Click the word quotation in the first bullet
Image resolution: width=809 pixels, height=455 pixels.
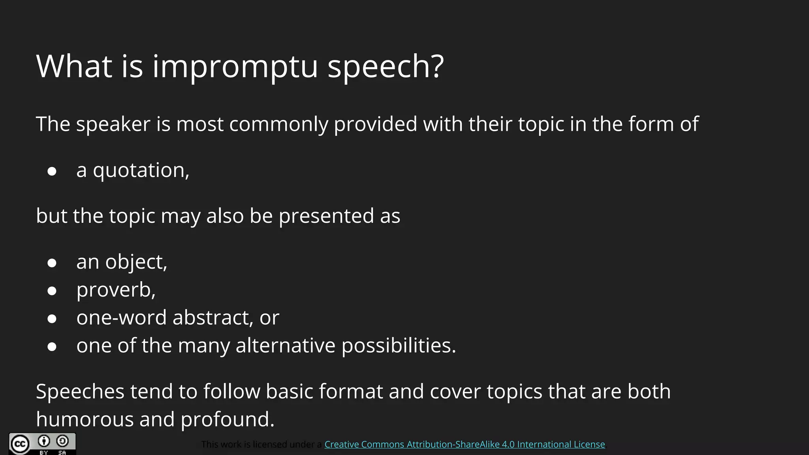141,171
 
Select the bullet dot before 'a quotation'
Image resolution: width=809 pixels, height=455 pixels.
52,171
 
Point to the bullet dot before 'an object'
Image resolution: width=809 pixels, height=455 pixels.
52,263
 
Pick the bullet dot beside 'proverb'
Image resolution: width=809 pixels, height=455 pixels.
52,291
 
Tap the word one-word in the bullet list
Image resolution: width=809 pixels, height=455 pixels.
121,318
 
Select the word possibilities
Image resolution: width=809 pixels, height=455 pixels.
399,346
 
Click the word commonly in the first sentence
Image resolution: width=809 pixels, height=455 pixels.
278,124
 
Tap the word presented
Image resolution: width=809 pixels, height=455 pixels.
326,216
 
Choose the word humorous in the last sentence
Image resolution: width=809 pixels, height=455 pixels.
85,419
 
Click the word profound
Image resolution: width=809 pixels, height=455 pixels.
227,419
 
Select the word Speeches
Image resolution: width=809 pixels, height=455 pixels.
80,392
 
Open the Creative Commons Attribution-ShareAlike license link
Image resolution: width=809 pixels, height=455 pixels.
465,444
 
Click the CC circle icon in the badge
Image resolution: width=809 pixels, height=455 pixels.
19,444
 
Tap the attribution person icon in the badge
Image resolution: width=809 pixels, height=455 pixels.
44,441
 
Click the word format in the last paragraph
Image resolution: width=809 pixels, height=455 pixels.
351,392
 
